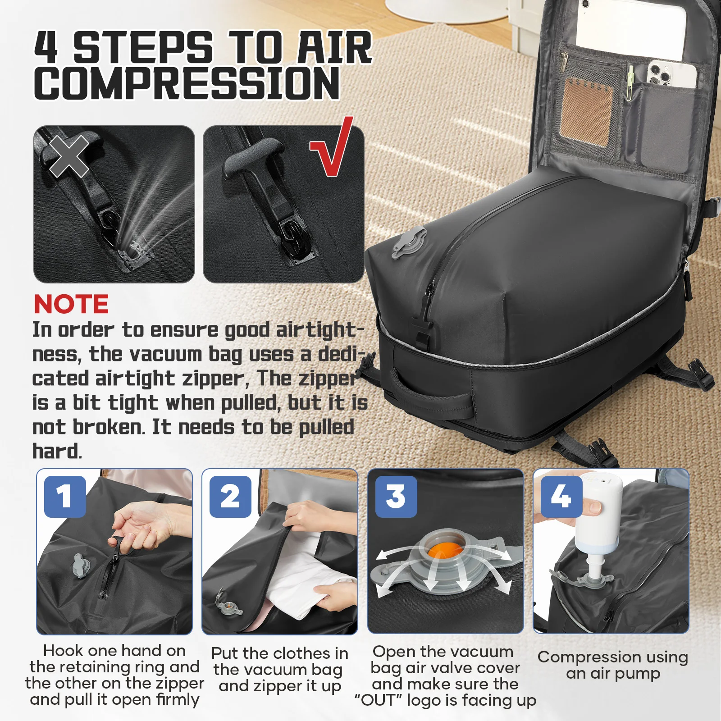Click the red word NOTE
pos(71,304)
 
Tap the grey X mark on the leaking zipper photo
pos(69,156)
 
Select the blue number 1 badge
pos(65,497)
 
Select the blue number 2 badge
pos(230,497)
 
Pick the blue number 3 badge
pos(396,497)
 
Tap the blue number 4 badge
pos(561,497)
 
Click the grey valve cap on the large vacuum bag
pos(409,242)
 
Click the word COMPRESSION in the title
pos(187,83)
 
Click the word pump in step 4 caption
pos(637,674)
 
